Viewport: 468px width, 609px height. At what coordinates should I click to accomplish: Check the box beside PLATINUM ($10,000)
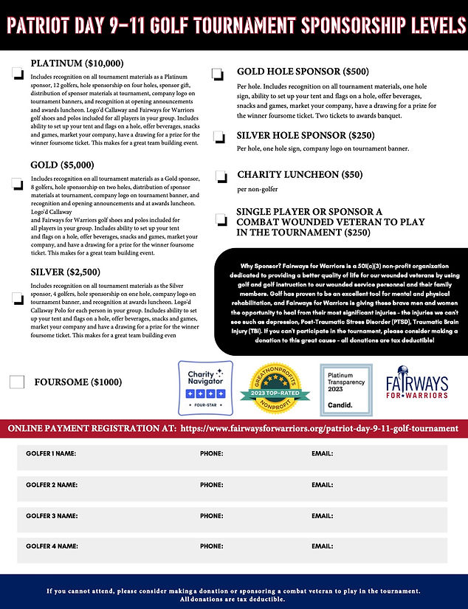(17, 74)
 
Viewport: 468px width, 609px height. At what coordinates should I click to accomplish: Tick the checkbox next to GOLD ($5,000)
(17, 185)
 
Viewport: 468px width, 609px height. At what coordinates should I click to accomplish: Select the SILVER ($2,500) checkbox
(17, 298)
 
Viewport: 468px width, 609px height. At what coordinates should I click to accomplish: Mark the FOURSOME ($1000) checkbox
(17, 382)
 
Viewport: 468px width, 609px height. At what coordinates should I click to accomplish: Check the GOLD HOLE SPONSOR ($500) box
(217, 74)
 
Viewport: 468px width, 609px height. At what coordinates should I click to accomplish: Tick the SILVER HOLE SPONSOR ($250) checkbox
(220, 137)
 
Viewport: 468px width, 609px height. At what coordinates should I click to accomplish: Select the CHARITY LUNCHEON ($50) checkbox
(221, 176)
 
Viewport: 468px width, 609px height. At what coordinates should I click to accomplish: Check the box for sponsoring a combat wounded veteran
(221, 220)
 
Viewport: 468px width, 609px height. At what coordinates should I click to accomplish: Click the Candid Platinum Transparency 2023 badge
(345, 388)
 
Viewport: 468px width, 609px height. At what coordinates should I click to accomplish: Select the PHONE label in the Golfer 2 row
(211, 485)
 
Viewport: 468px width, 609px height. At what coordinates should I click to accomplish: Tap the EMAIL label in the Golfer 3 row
(322, 516)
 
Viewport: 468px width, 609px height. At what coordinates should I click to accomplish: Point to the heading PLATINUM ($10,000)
(77, 63)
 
